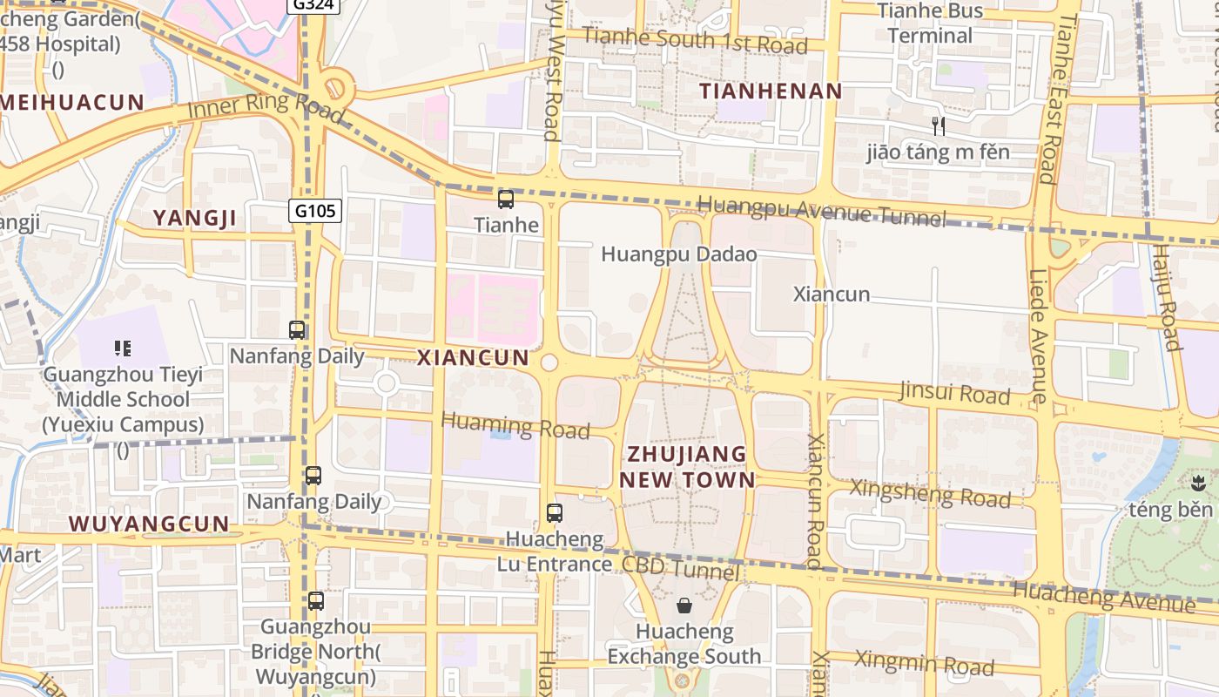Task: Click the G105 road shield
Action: click(x=315, y=210)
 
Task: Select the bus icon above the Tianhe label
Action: click(x=506, y=200)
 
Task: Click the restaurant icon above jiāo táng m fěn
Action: click(x=939, y=126)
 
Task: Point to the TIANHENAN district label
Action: click(x=771, y=91)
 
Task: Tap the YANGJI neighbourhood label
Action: click(x=195, y=218)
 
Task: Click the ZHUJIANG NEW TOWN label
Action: click(x=687, y=466)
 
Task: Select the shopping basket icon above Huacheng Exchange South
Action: click(x=684, y=606)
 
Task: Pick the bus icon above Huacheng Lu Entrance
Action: click(x=555, y=513)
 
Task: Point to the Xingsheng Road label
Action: click(x=930, y=493)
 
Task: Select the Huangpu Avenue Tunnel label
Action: click(x=821, y=210)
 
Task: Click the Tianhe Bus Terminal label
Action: click(x=930, y=24)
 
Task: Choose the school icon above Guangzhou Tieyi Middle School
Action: click(x=123, y=348)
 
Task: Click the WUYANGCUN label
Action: click(x=149, y=524)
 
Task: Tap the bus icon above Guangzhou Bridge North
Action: click(x=315, y=601)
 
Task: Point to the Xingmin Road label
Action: click(x=924, y=663)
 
